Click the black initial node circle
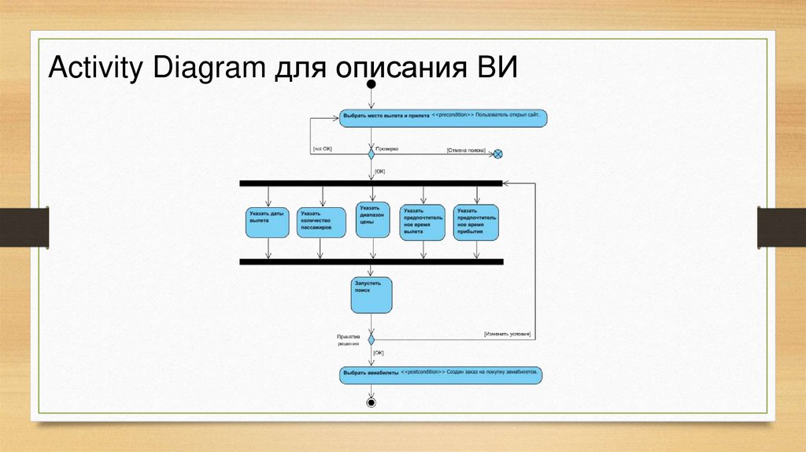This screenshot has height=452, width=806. click(372, 82)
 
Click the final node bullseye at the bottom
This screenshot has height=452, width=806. click(372, 402)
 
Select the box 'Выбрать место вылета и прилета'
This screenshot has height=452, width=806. click(443, 117)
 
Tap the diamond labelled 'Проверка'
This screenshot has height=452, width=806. click(372, 154)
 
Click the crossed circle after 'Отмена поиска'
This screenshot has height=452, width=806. click(497, 154)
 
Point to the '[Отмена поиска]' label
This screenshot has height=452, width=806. click(465, 149)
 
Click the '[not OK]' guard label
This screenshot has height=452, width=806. click(323, 148)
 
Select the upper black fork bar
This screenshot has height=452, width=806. click(371, 183)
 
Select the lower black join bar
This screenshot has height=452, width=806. click(371, 261)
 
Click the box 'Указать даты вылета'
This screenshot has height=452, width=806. click(268, 221)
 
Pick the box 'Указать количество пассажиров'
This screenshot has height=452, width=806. click(321, 223)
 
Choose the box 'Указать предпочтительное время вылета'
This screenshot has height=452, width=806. click(423, 222)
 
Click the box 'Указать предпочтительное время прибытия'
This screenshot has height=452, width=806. click(476, 222)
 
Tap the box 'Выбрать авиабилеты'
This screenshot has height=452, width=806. click(441, 374)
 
